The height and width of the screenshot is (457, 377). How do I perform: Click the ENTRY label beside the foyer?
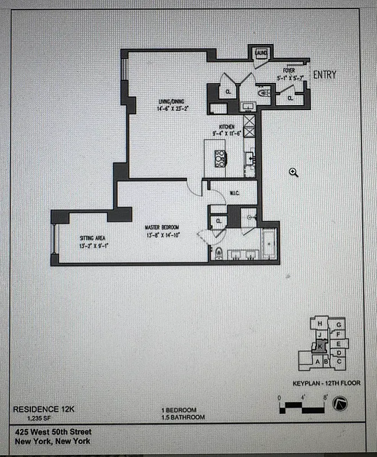pos(324,74)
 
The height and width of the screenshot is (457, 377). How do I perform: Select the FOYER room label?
pos(288,71)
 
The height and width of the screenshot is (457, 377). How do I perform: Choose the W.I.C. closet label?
pos(234,193)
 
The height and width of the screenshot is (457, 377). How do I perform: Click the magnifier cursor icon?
pos(293,172)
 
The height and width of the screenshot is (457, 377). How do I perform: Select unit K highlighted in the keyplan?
pos(320,345)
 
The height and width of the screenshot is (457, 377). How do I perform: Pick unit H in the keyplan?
pos(319,324)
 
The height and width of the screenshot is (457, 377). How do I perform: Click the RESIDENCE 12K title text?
pos(44,409)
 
